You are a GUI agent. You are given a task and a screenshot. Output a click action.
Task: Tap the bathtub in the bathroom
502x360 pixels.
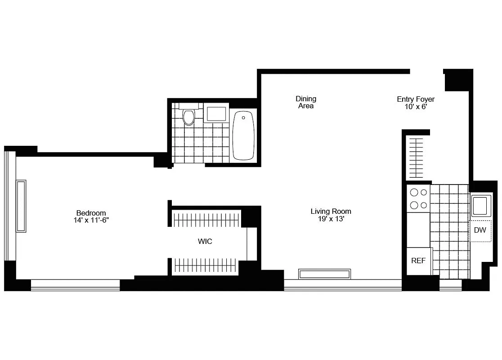tap(243, 135)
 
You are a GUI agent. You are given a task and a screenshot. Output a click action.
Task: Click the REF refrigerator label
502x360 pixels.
tap(418, 261)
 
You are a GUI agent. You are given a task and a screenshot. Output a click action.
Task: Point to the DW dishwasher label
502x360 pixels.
tap(480, 230)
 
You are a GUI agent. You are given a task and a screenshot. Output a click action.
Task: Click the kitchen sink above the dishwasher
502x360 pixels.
tap(480, 206)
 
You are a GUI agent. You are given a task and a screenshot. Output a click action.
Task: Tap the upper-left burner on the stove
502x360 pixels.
tap(413, 193)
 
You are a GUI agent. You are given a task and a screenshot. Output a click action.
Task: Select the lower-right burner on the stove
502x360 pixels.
tap(423, 205)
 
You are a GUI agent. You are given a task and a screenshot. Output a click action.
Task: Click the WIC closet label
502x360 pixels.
tap(205, 242)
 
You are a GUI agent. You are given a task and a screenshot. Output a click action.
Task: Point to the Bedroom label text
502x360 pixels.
tap(91, 213)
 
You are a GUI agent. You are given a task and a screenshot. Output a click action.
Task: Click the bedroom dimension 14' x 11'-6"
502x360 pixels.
tap(91, 220)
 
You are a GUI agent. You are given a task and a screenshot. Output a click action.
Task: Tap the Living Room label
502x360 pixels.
tap(331, 211)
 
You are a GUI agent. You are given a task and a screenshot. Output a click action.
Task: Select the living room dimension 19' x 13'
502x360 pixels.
tap(331, 219)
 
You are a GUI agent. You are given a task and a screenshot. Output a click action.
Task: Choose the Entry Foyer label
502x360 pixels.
tap(415, 99)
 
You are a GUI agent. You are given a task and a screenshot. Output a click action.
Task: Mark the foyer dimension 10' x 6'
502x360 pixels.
tap(415, 107)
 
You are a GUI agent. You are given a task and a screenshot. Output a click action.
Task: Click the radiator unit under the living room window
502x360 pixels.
tap(324, 274)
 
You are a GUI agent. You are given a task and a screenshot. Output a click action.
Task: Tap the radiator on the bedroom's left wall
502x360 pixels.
tap(21, 206)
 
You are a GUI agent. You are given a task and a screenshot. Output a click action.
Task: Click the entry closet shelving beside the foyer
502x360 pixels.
tap(416, 157)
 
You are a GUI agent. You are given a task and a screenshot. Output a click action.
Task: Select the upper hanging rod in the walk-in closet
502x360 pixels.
tap(207, 220)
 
